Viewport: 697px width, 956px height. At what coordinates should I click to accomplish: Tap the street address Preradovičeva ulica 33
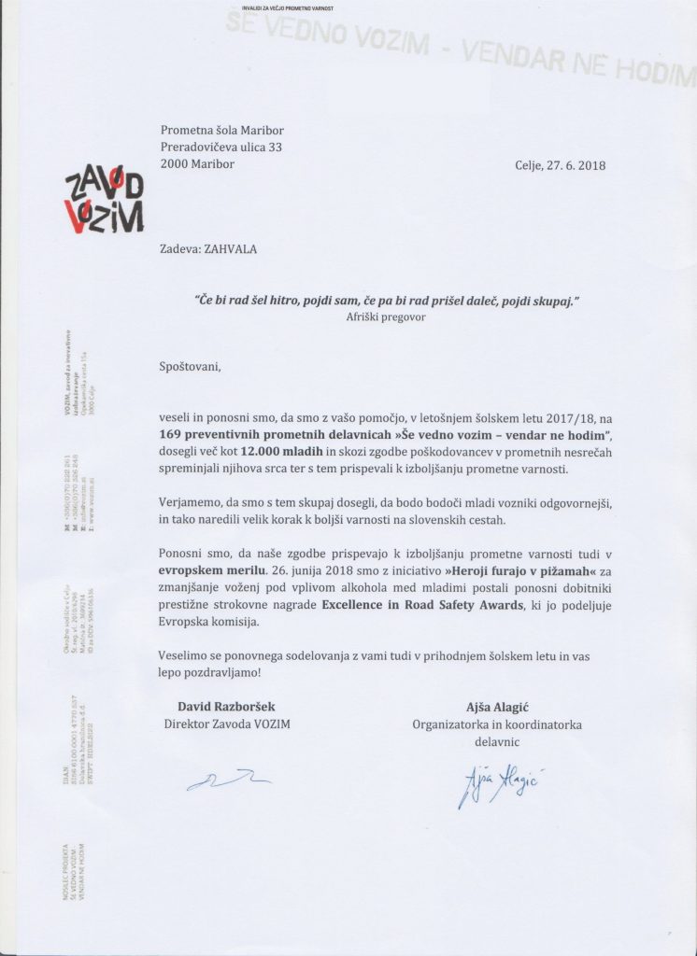tap(221, 147)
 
